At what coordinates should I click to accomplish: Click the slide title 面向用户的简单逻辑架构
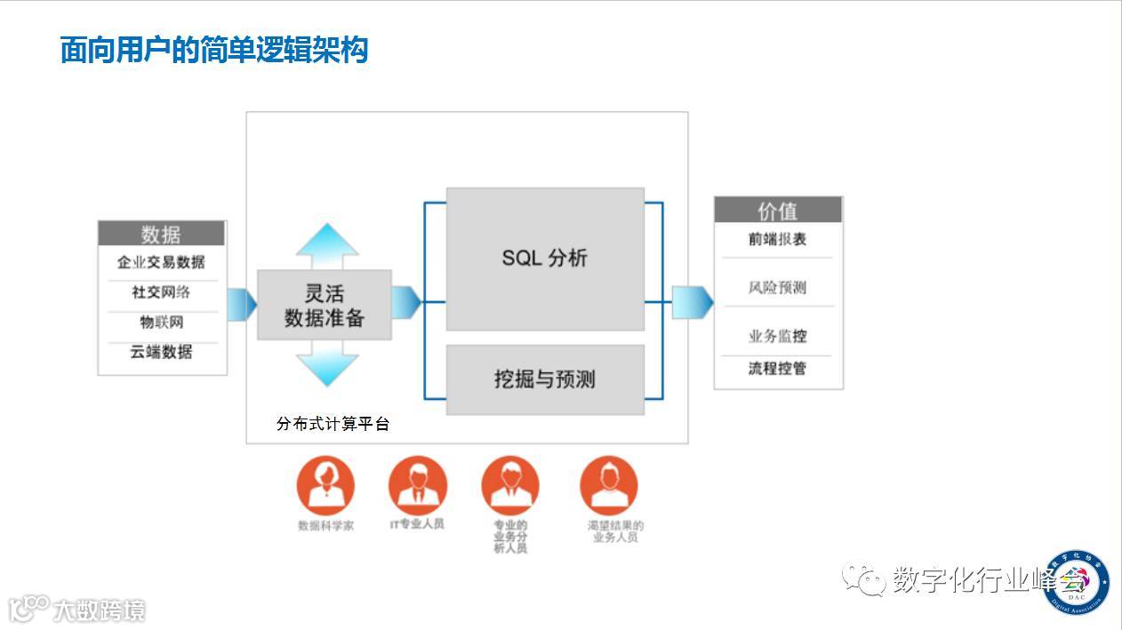pos(214,49)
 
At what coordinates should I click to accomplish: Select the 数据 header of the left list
pos(161,234)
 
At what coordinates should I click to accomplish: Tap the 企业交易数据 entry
pos(161,262)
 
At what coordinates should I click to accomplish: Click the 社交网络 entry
pos(161,292)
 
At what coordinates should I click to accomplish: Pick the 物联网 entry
pos(161,322)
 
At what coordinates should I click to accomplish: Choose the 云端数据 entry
pos(161,352)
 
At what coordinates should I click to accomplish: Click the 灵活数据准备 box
pos(325,305)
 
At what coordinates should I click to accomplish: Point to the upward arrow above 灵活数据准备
pos(327,244)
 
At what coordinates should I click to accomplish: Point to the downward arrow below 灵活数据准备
pos(327,364)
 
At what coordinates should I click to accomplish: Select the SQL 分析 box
pos(545,259)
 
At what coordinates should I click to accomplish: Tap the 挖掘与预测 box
pos(545,379)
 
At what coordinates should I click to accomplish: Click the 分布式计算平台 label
pos(333,424)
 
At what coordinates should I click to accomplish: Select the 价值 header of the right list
pos(778,211)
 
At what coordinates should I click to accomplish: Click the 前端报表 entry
pos(778,239)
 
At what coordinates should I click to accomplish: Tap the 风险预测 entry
pos(778,288)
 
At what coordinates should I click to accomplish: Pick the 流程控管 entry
pos(778,368)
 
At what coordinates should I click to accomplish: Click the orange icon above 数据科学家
pos(325,485)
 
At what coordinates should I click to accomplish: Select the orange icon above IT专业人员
pos(417,485)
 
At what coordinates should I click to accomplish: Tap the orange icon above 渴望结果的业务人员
pos(609,485)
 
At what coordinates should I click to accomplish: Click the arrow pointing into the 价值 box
pos(692,302)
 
